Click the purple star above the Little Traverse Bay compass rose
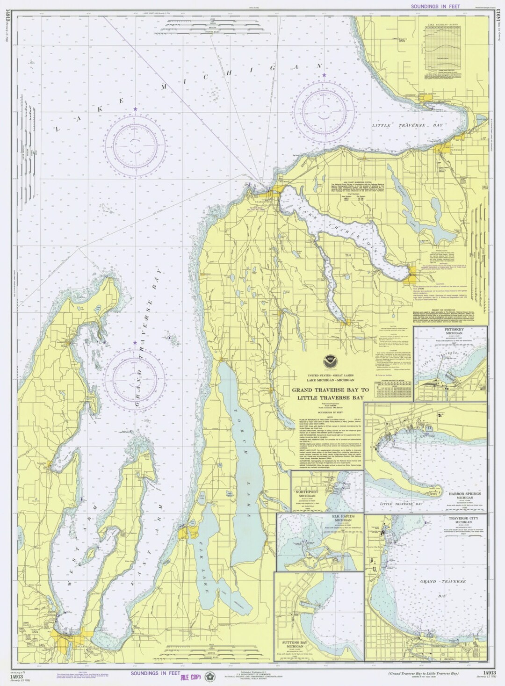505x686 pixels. (324, 75)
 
